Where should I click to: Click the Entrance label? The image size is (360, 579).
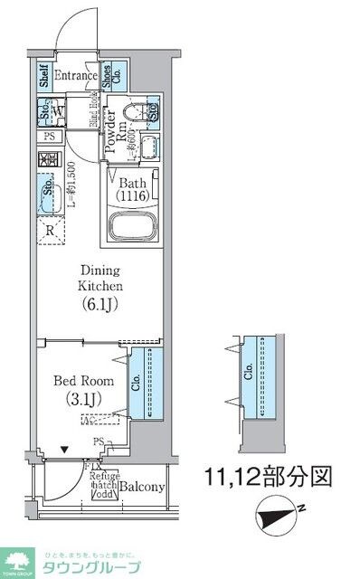coord(75,76)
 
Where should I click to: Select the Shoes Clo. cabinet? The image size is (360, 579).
coord(108,76)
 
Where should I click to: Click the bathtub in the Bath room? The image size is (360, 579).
coord(135,225)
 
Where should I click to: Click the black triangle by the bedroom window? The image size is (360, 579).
coord(63,447)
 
